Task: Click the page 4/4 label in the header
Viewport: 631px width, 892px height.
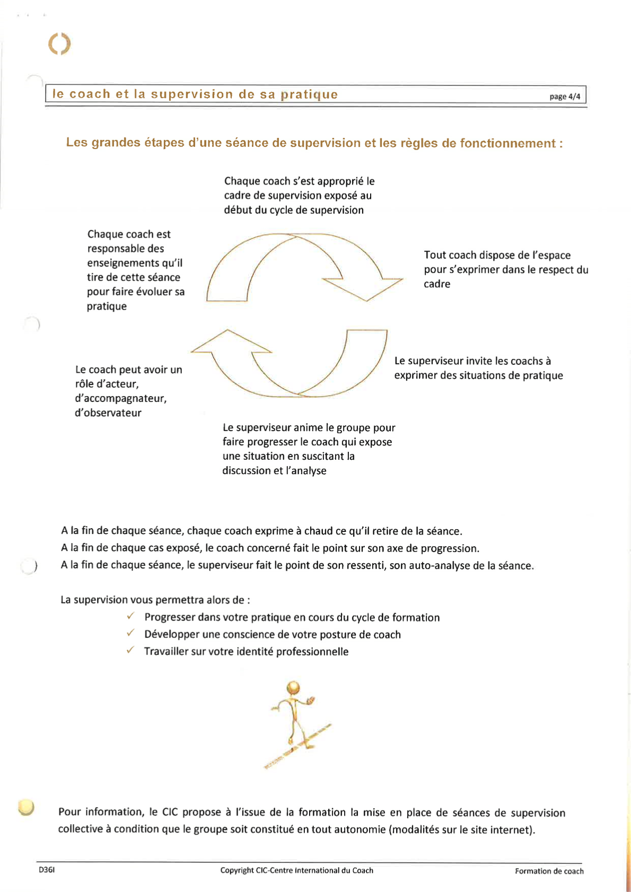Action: click(x=565, y=97)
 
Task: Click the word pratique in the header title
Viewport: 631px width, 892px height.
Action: click(x=309, y=94)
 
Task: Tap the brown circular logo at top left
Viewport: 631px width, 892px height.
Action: click(x=59, y=43)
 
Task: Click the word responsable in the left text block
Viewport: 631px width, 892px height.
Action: click(x=126, y=248)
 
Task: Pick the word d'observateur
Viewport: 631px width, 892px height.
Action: click(x=108, y=413)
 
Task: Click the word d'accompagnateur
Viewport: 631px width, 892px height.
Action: click(x=121, y=398)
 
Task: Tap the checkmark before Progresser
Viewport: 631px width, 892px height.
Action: click(x=130, y=616)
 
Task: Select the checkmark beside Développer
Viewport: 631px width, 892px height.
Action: click(x=130, y=633)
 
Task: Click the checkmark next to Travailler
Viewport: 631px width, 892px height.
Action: click(x=130, y=650)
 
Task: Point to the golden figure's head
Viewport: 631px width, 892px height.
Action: click(x=293, y=688)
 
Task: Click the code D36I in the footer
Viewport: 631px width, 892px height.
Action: click(x=47, y=870)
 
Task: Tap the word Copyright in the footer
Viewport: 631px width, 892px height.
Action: click(x=237, y=870)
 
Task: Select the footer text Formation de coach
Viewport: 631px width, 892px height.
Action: click(x=549, y=871)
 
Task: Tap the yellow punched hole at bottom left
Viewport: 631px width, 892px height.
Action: click(x=26, y=807)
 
